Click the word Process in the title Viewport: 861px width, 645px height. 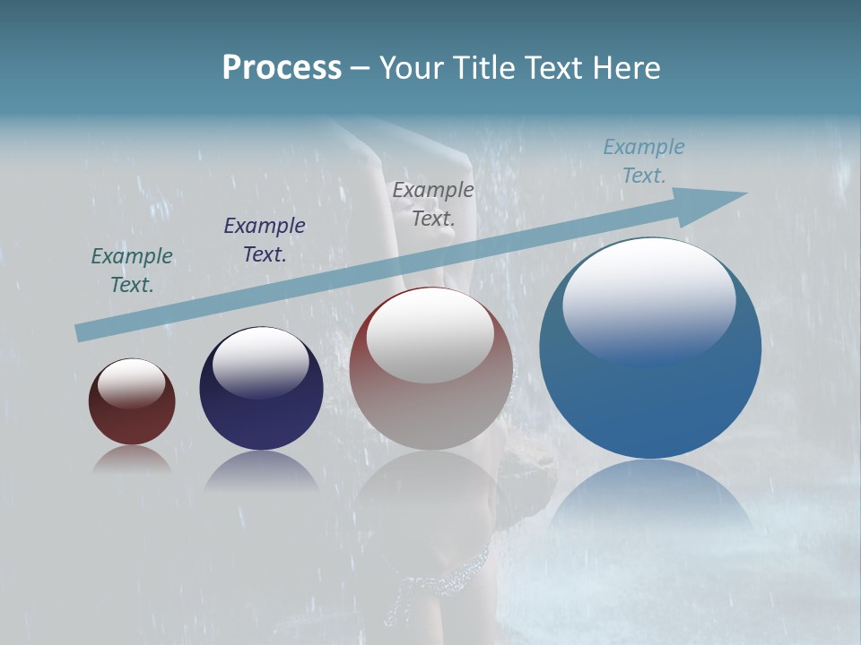[282, 68]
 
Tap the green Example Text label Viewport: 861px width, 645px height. [132, 270]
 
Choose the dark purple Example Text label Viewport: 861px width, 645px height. [265, 239]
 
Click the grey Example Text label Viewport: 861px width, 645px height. [433, 203]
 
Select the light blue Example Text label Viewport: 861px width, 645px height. [644, 160]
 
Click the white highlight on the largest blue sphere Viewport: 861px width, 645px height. [649, 300]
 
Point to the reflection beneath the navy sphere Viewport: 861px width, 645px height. [261, 471]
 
